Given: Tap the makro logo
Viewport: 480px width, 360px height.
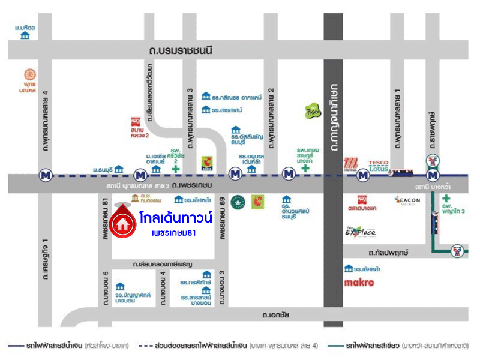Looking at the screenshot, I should click(x=359, y=282).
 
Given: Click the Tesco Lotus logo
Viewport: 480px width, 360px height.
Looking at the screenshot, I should click(x=379, y=165).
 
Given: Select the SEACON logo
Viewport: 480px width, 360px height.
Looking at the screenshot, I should click(x=407, y=200).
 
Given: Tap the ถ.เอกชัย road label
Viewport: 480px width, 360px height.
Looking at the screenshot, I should click(x=276, y=314).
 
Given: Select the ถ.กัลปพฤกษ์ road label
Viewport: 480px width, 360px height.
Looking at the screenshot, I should click(x=389, y=253).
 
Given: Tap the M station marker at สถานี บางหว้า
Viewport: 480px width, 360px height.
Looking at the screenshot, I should click(x=432, y=175).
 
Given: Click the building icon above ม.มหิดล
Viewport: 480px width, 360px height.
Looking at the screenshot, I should click(x=25, y=36).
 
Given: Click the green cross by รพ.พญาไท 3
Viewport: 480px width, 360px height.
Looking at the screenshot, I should click(x=446, y=199).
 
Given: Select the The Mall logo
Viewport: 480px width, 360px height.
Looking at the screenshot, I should click(x=351, y=163).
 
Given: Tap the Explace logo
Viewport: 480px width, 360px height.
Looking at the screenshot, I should click(x=360, y=232).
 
